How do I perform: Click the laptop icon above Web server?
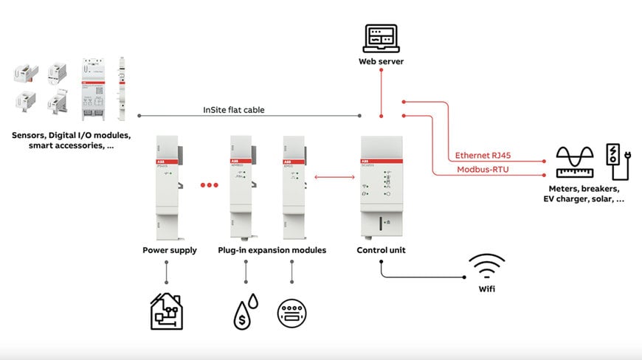coord(380,38)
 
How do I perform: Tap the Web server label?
coord(381,62)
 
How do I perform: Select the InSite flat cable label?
coord(233,110)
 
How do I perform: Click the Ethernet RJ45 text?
coord(483,156)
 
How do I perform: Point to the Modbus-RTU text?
coord(482,170)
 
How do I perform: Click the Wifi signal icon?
coord(487,266)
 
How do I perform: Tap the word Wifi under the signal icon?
coord(486,289)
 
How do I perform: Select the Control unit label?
coord(381,250)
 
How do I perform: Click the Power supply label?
coord(170,250)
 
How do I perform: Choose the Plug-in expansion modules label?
coord(272,250)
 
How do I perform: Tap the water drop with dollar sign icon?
coord(244,311)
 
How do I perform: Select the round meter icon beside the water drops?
coord(291,313)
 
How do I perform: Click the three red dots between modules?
coord(210,185)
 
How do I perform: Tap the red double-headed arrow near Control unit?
coord(331,176)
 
